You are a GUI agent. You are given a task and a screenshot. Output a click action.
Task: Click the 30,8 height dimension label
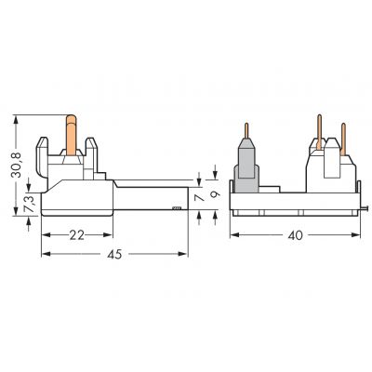pyautogui.click(x=16, y=165)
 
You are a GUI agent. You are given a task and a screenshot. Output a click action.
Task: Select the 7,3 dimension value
pyautogui.click(x=29, y=204)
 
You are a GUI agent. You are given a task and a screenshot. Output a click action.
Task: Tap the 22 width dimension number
pyautogui.click(x=76, y=235)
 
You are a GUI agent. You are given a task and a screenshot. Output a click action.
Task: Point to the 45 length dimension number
pyautogui.click(x=114, y=254)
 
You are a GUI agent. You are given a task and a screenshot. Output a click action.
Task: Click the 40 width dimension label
pyautogui.click(x=295, y=235)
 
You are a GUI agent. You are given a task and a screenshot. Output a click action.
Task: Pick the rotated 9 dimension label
pyautogui.click(x=215, y=194)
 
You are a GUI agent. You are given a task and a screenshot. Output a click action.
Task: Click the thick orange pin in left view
pyautogui.click(x=72, y=135)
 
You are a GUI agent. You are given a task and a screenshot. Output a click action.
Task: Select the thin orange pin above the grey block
pyautogui.click(x=246, y=130)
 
